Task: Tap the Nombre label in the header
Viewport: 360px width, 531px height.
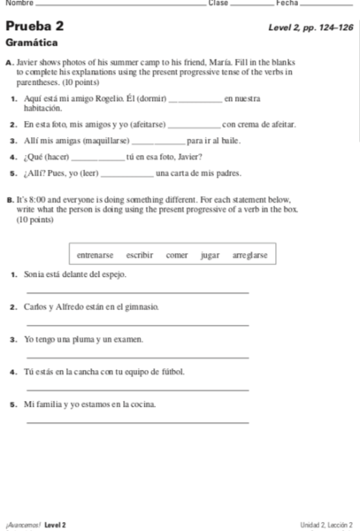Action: click(x=15, y=4)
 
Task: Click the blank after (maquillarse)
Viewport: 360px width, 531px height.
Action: click(x=157, y=142)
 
